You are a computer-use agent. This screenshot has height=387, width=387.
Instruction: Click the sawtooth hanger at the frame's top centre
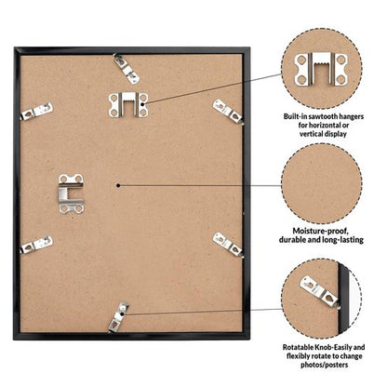tap(128, 105)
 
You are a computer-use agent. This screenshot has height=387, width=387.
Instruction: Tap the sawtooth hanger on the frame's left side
tap(72, 193)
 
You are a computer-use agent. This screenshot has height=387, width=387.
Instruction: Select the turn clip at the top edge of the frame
tap(127, 69)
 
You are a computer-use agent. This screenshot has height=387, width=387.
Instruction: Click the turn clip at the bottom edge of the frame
tap(118, 317)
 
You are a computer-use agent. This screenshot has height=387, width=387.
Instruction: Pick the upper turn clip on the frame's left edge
tap(36, 112)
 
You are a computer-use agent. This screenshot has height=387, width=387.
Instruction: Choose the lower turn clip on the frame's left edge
tap(36, 245)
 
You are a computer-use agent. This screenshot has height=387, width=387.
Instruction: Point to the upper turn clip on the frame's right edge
tap(228, 112)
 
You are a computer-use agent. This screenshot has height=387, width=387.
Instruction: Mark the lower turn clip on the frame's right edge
tap(228, 245)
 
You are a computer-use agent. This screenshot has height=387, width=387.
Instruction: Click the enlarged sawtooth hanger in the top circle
tap(321, 69)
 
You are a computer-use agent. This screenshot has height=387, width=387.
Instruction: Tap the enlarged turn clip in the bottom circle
tap(319, 291)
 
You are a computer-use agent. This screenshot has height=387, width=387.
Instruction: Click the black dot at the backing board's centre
tap(118, 185)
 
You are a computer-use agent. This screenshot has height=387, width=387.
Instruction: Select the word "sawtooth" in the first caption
tap(323, 116)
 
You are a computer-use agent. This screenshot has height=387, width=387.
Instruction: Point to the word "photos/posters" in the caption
tap(324, 365)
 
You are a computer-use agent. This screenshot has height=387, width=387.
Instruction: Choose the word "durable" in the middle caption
tap(292, 240)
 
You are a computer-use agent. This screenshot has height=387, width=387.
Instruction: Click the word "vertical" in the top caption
tap(312, 134)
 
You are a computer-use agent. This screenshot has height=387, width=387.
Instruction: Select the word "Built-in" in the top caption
tap(295, 116)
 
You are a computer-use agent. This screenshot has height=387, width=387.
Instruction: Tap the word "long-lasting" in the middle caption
tap(343, 240)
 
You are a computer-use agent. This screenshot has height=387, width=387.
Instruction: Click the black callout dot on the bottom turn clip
tap(123, 314)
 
